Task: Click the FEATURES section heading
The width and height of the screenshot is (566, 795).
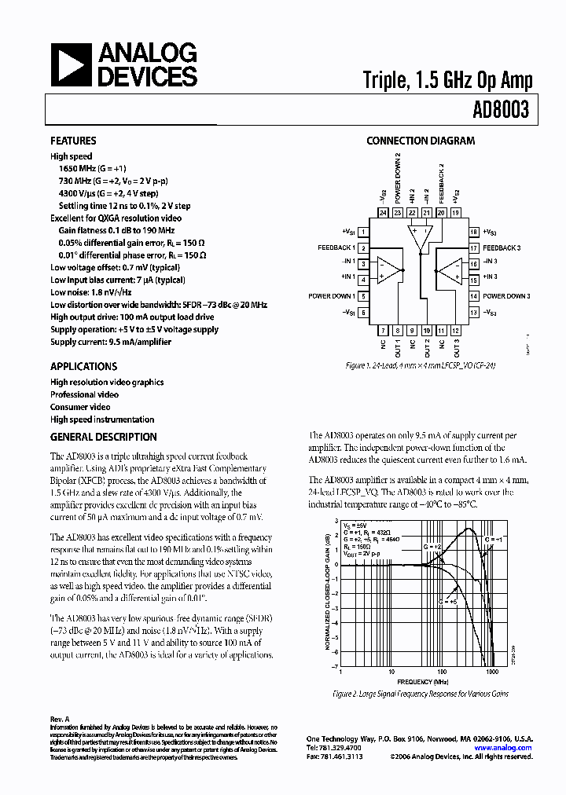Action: point(73,141)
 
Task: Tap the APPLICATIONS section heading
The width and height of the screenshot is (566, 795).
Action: point(83,366)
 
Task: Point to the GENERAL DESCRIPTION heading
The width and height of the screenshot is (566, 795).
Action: point(103,437)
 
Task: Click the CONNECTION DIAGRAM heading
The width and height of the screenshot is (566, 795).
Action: point(421,141)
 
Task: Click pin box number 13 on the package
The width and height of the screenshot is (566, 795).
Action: point(474,313)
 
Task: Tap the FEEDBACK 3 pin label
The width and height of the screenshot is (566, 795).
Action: point(507,247)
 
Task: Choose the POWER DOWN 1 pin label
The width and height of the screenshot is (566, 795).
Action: point(330,296)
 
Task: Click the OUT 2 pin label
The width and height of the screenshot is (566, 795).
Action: point(428,346)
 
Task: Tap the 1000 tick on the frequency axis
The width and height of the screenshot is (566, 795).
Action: point(493,672)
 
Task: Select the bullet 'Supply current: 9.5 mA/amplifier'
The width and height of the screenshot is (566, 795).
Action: point(110,342)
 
